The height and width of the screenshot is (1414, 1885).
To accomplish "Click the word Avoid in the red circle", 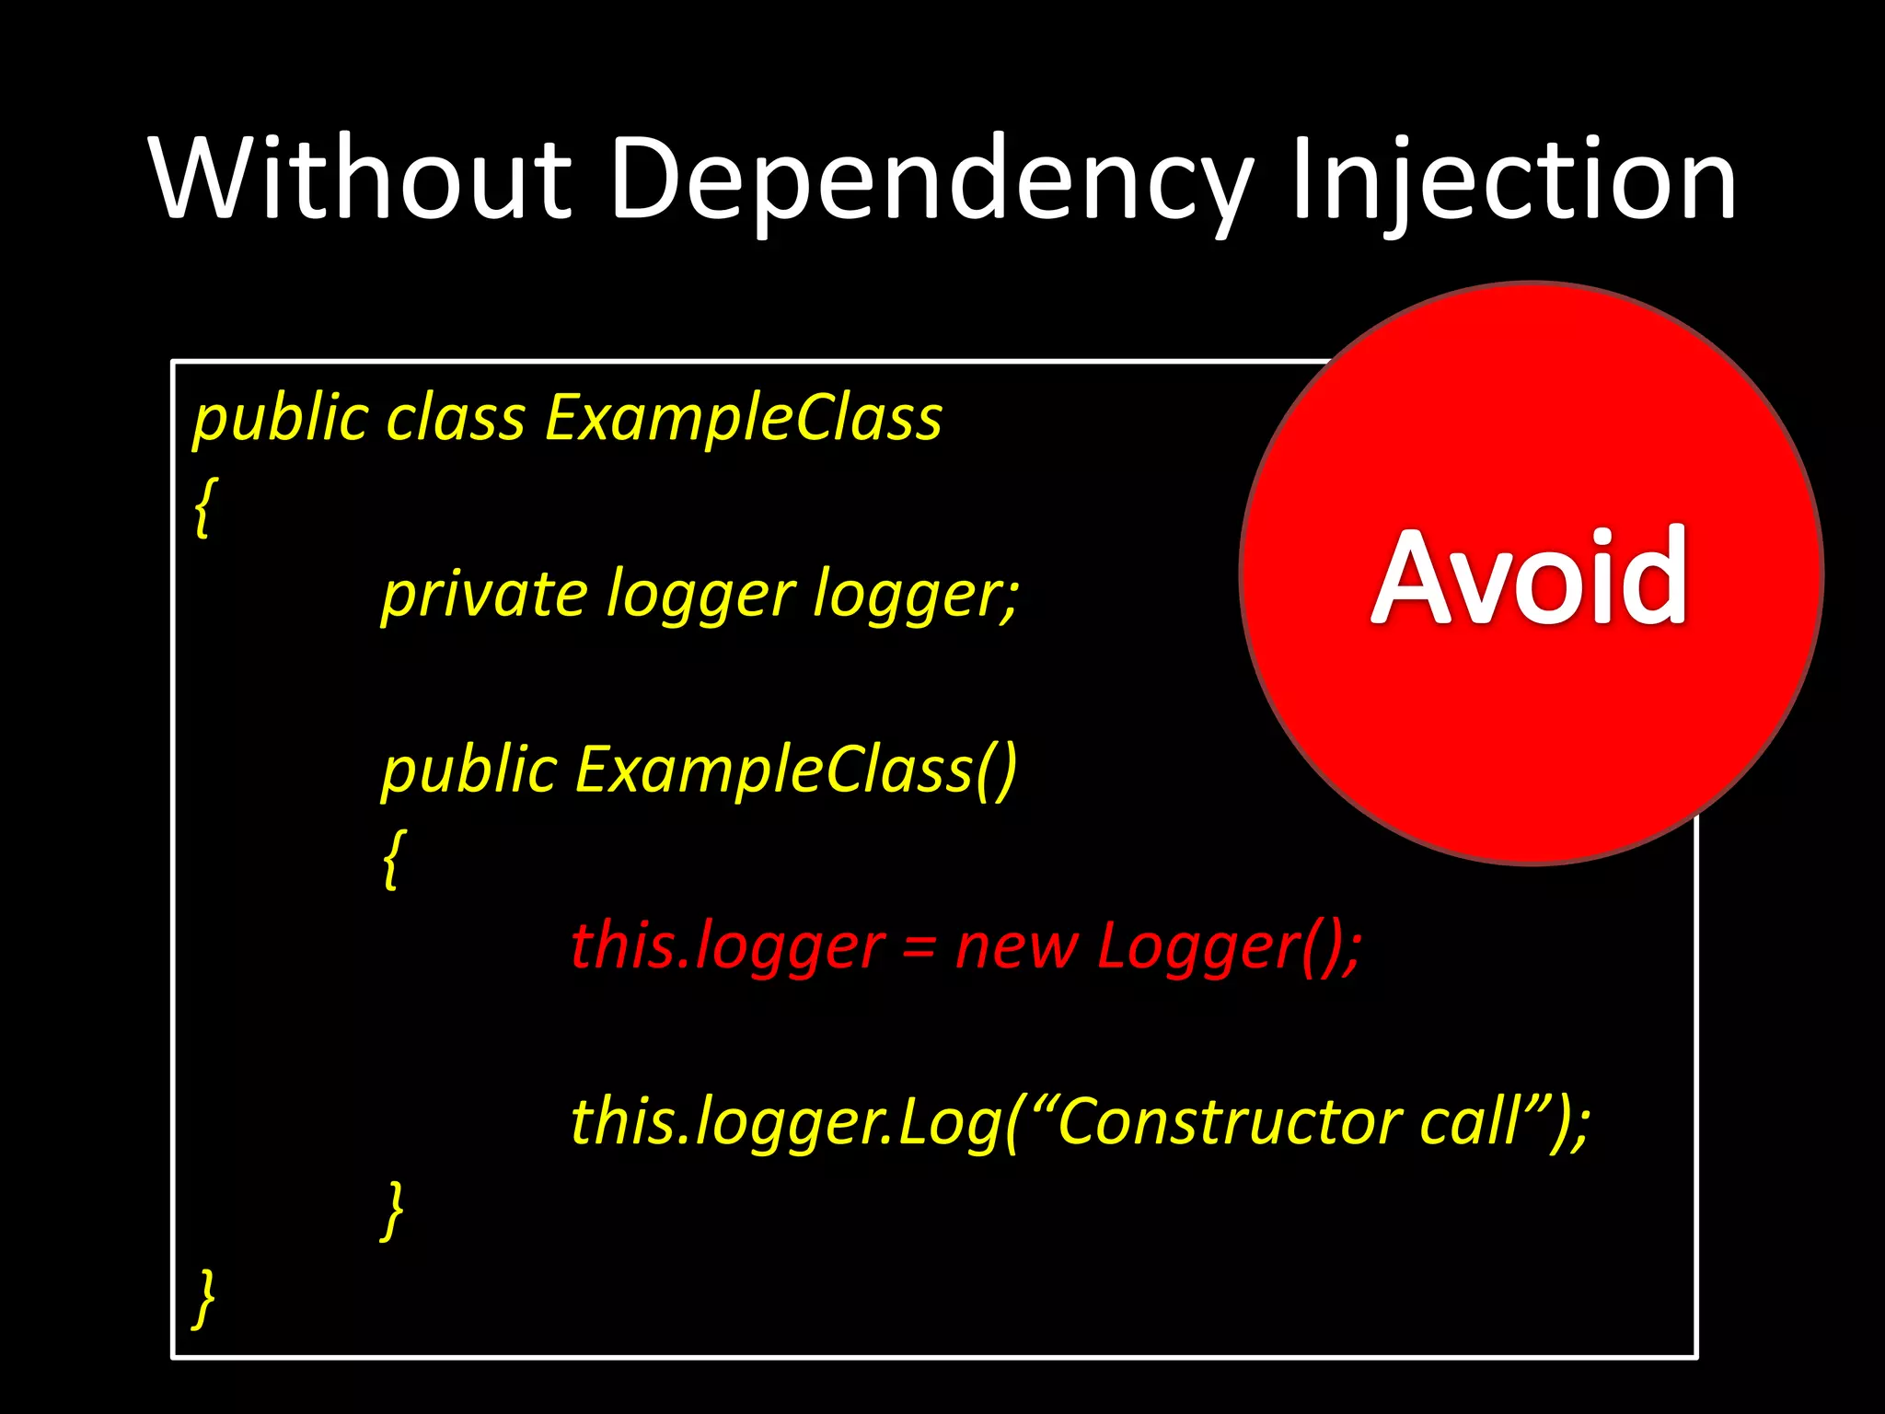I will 1530,577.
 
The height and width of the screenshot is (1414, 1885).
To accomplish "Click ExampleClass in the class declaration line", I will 744,419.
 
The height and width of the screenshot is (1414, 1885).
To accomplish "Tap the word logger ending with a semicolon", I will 917,596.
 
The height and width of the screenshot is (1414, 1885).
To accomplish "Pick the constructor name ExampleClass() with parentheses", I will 796,770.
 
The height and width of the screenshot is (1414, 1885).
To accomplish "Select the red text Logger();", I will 1229,946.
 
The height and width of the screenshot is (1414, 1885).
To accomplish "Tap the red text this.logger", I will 727,946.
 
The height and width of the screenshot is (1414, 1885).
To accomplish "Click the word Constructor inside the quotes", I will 1229,1122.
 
